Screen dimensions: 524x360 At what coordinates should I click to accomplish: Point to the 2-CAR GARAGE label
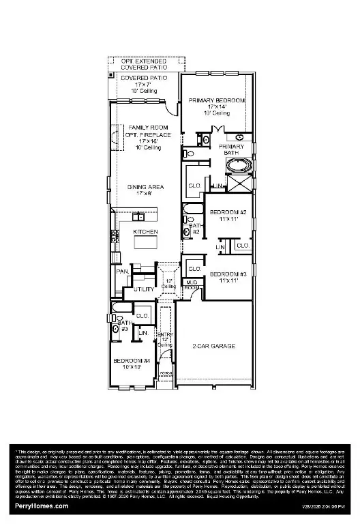pyautogui.click(x=214, y=347)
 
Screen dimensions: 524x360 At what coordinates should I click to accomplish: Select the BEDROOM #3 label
pyautogui.click(x=228, y=276)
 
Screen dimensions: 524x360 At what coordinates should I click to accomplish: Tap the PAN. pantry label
pyautogui.click(x=123, y=271)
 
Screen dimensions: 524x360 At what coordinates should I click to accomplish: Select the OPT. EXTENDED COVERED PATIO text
pyautogui.click(x=142, y=64)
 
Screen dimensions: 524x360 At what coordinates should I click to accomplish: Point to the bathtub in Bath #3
pyautogui.click(x=119, y=318)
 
